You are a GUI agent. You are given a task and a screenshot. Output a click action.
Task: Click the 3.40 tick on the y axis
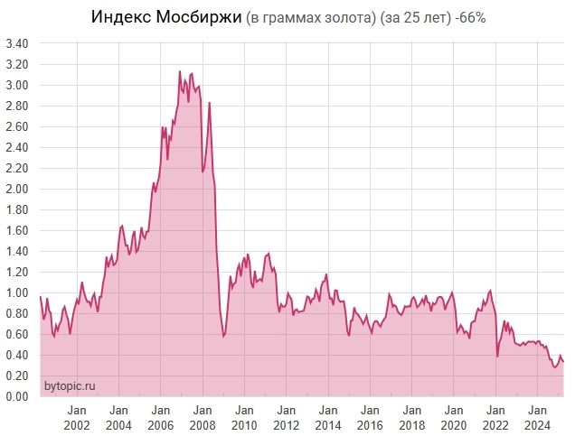pos(16,43)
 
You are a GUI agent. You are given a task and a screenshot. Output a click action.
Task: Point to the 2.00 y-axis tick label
pos(16,189)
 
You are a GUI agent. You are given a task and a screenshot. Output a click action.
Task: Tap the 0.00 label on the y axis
pos(16,396)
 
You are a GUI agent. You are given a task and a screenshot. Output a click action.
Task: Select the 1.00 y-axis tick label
pos(16,292)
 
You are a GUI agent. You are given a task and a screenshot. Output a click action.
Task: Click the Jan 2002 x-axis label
pos(76,417)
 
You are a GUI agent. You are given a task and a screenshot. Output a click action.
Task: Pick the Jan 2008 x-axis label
pos(202,417)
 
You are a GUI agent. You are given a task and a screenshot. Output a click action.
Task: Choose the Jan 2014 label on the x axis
pos(327,417)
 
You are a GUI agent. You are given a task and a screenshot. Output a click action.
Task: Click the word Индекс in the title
pos(120,18)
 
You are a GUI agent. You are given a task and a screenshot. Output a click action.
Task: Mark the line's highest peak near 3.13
pos(179,71)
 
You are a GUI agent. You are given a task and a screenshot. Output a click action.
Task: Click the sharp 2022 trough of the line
pos(497,356)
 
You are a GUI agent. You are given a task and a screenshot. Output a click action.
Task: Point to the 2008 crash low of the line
pos(223,337)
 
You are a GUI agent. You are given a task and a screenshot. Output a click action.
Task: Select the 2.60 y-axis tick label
pos(16,126)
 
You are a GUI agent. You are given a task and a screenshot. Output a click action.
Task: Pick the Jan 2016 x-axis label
pos(369,417)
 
